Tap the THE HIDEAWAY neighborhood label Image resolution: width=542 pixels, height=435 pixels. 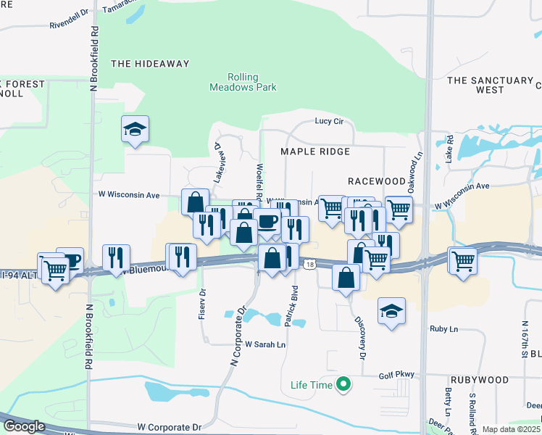150,64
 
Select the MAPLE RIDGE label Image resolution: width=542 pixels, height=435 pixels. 316,152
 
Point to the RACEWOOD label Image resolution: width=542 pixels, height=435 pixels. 377,180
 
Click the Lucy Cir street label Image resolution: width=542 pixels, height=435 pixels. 328,121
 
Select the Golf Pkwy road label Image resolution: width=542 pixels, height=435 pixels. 396,375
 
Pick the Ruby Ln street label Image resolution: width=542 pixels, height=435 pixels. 443,328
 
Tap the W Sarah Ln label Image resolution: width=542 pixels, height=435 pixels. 264,344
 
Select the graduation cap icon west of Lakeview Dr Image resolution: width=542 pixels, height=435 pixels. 135,129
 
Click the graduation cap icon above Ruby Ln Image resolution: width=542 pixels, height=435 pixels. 391,310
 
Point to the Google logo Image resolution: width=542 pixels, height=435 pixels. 25,426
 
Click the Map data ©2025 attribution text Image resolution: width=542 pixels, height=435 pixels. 511,429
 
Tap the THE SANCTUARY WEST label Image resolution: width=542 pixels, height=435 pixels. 490,85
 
